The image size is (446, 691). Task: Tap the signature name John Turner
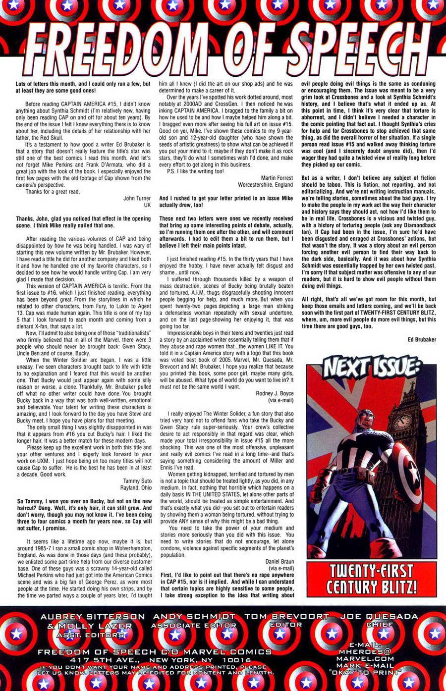click(137, 198)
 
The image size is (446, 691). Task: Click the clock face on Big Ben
click(403, 422)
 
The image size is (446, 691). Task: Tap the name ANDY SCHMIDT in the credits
click(195, 617)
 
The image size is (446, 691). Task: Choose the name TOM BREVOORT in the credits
click(287, 617)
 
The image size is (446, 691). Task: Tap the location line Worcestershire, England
click(266, 185)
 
